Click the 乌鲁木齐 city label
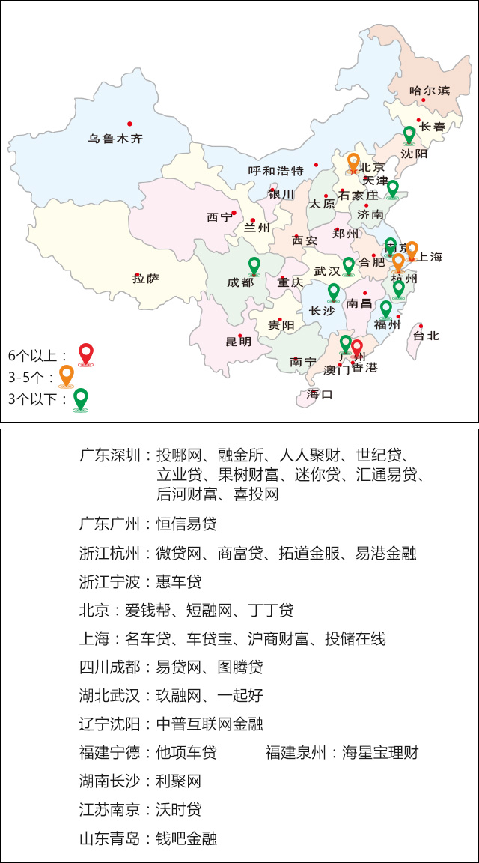(x=115, y=139)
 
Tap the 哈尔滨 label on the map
(x=430, y=91)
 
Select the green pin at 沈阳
(x=409, y=135)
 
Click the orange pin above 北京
(x=354, y=162)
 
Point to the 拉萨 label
(x=146, y=279)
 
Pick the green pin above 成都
(x=254, y=265)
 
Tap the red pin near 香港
(x=357, y=348)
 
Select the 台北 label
(x=427, y=336)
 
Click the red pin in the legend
(x=86, y=353)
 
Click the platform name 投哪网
(x=179, y=455)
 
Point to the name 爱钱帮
(x=147, y=611)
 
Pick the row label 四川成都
(x=109, y=667)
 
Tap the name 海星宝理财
(x=380, y=753)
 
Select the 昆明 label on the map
(x=239, y=342)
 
